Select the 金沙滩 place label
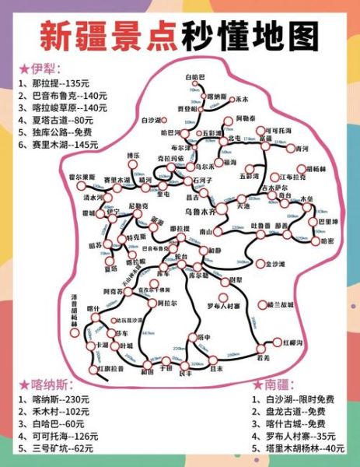(x=276, y=265)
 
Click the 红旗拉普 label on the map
(x=110, y=367)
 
